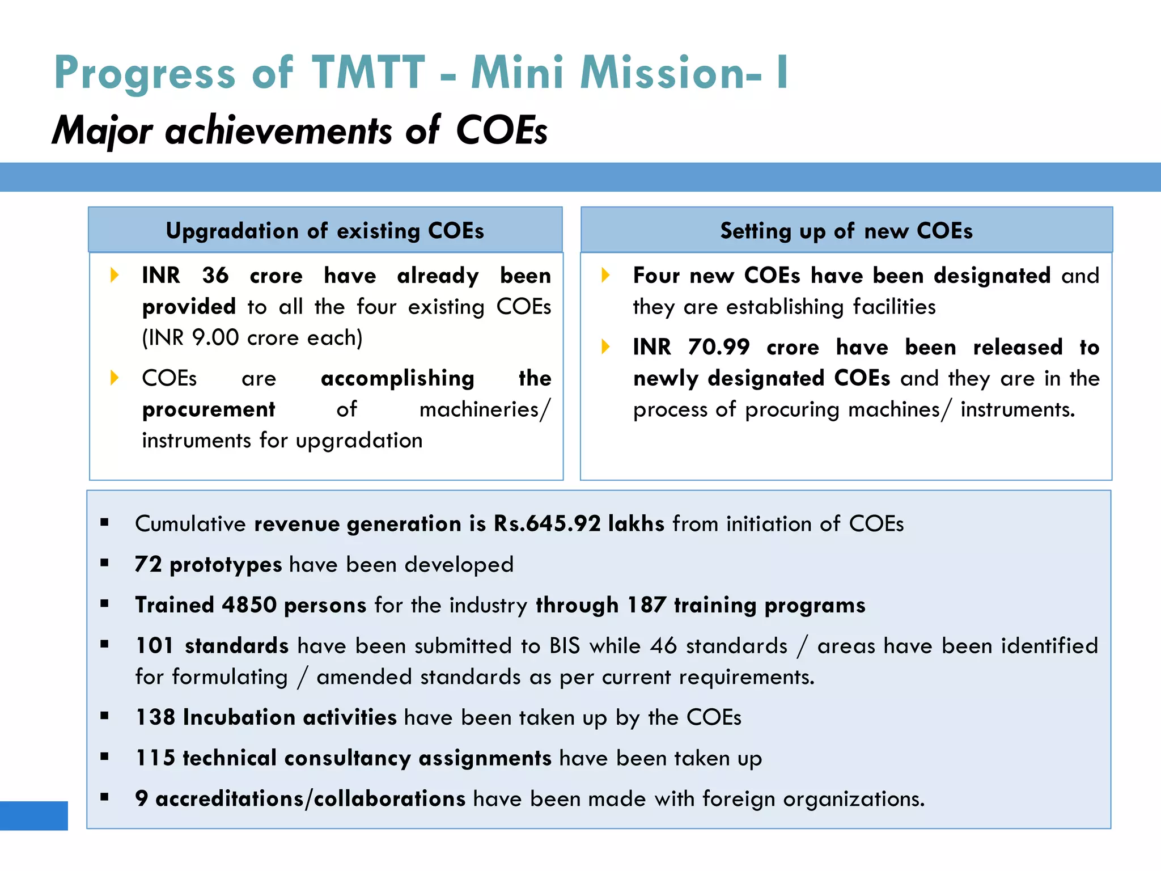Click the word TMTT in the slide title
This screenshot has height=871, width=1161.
368,73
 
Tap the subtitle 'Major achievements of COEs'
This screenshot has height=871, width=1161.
299,130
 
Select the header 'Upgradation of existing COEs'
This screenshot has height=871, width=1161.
325,231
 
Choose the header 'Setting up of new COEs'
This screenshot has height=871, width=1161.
846,231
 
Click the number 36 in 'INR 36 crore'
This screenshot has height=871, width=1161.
215,276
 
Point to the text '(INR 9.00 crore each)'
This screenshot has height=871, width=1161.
252,338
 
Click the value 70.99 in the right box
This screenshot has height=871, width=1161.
719,347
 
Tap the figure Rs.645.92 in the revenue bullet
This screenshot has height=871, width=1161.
546,523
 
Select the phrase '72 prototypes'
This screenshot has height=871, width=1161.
208,565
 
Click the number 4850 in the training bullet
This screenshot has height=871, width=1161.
249,605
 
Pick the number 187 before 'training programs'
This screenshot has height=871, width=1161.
646,605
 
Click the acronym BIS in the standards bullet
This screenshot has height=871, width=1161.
565,646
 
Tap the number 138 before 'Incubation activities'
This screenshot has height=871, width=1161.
155,717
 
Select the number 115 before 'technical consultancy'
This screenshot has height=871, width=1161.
155,758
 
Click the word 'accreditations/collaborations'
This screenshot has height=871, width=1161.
310,799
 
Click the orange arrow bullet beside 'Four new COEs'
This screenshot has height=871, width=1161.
605,276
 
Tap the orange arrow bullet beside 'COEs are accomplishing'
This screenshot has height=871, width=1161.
115,378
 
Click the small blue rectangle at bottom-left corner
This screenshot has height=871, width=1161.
33,815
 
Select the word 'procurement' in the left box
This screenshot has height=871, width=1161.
208,409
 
